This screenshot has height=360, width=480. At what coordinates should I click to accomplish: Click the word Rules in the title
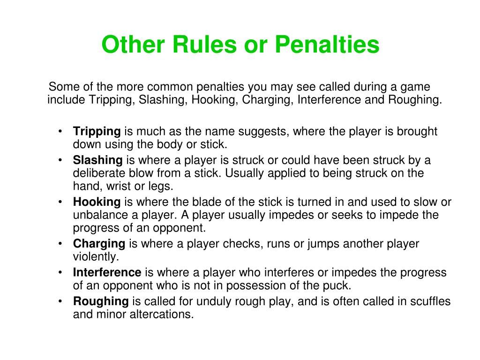(205, 44)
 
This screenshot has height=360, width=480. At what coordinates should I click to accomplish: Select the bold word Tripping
(97, 132)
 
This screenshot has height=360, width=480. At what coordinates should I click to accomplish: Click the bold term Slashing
(97, 160)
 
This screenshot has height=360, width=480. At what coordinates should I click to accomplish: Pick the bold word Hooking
(97, 202)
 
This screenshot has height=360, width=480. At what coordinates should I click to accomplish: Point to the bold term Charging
(99, 244)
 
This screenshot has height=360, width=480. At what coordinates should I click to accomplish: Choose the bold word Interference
(107, 272)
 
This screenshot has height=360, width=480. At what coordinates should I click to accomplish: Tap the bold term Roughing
(101, 301)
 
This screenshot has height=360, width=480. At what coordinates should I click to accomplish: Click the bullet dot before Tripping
(60, 132)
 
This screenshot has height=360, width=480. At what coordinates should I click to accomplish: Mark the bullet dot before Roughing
(60, 301)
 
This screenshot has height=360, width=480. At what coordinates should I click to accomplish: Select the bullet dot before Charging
(60, 244)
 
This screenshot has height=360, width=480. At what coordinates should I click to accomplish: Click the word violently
(96, 256)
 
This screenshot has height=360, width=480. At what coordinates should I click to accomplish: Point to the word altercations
(162, 314)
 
